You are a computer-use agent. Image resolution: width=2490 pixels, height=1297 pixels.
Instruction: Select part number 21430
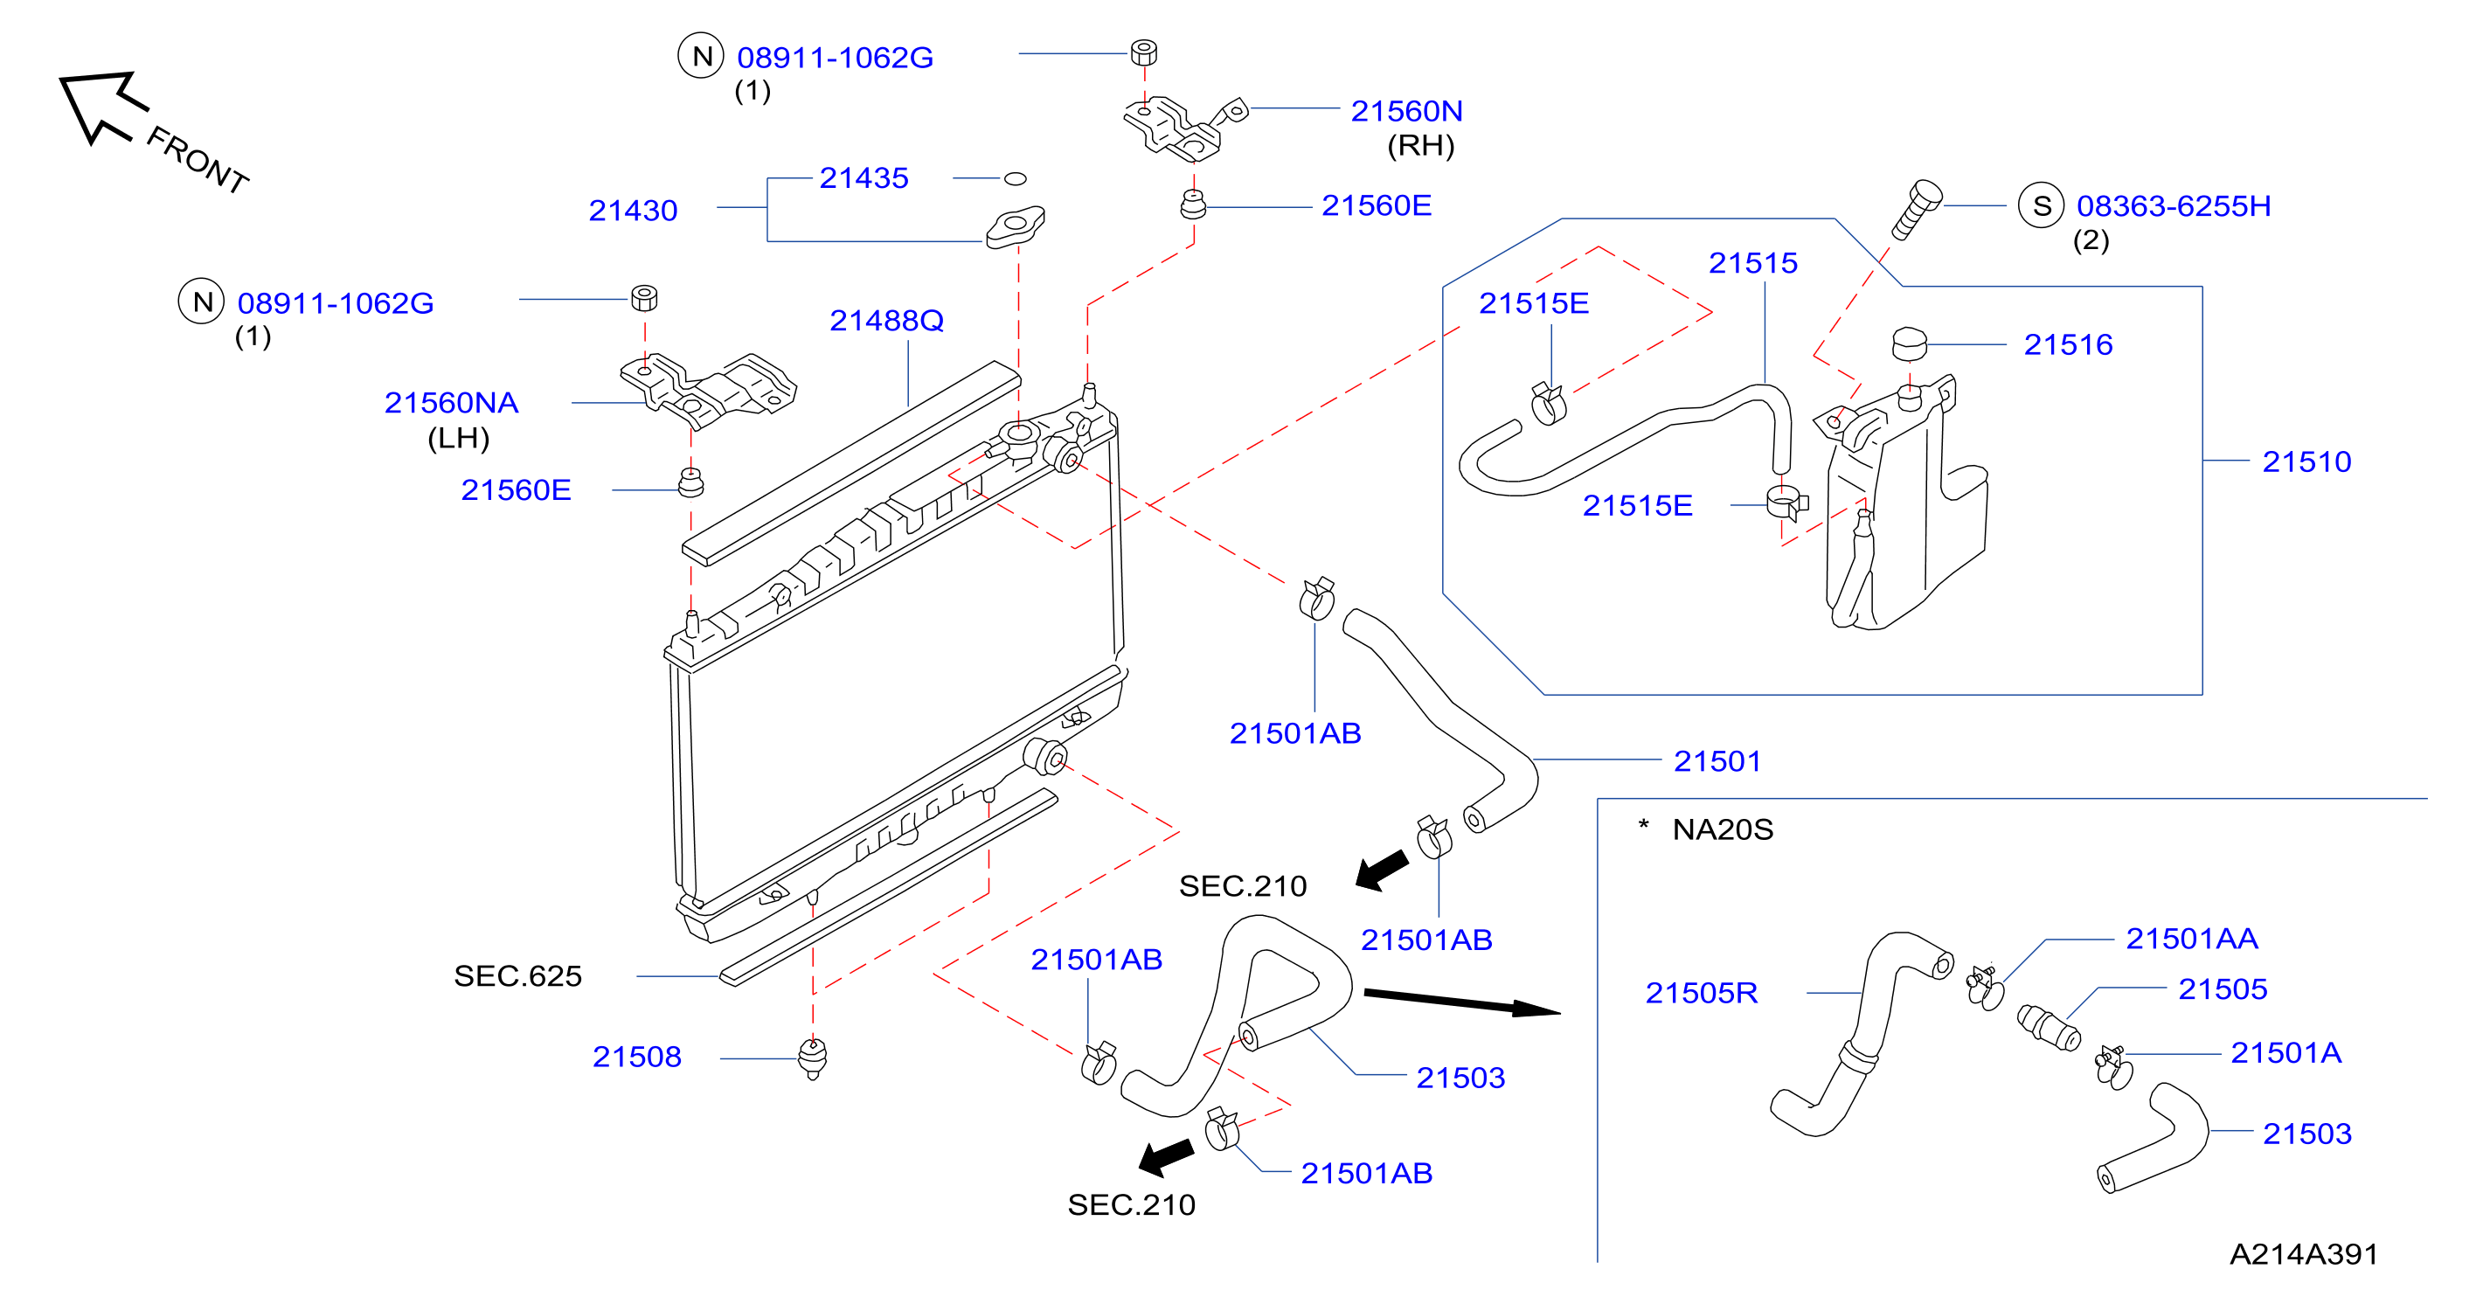click(633, 210)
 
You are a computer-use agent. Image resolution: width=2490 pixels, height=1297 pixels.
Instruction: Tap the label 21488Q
click(886, 320)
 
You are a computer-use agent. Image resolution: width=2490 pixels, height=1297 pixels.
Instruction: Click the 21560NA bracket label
click(451, 402)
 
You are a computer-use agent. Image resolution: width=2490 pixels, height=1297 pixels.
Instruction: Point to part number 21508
click(637, 1057)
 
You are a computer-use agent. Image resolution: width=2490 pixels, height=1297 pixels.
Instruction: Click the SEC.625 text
click(518, 976)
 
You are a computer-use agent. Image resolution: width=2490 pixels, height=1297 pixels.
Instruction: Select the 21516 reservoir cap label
click(2069, 344)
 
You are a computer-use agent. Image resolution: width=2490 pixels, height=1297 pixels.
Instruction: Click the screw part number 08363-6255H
click(2174, 206)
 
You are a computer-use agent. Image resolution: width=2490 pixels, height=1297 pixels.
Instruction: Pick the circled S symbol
click(2042, 206)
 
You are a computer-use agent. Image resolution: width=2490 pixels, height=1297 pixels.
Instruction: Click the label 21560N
click(1406, 111)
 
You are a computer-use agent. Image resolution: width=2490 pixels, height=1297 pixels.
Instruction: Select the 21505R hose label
click(1702, 993)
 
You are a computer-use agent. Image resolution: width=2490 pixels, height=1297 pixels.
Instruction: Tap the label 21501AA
click(2192, 939)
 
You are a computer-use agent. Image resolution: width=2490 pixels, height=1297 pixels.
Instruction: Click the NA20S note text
click(1723, 829)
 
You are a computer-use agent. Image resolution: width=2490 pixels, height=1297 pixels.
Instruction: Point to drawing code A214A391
click(2304, 1253)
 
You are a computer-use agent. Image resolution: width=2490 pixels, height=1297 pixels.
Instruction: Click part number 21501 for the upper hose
click(1717, 760)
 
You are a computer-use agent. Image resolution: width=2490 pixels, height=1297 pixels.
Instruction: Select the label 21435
click(864, 177)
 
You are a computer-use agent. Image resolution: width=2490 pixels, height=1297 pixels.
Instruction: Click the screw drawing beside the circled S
click(1916, 209)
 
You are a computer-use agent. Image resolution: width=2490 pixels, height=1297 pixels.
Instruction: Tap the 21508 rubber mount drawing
click(813, 1058)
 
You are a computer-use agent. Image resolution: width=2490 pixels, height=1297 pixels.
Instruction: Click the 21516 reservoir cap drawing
click(1909, 344)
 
